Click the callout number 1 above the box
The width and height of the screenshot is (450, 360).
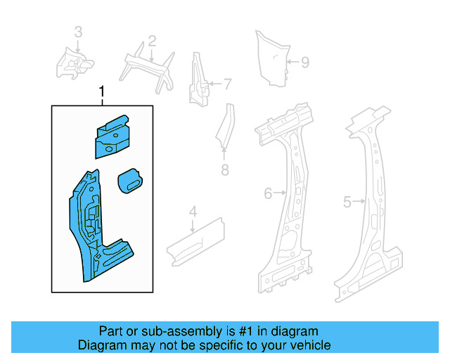103,92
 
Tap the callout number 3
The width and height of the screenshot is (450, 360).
78,32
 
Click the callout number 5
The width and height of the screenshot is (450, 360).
347,202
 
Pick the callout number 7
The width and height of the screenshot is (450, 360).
227,85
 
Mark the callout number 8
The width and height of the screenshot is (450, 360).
224,169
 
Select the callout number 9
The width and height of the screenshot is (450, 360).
304,63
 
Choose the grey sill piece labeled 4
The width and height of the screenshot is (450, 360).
194,240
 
